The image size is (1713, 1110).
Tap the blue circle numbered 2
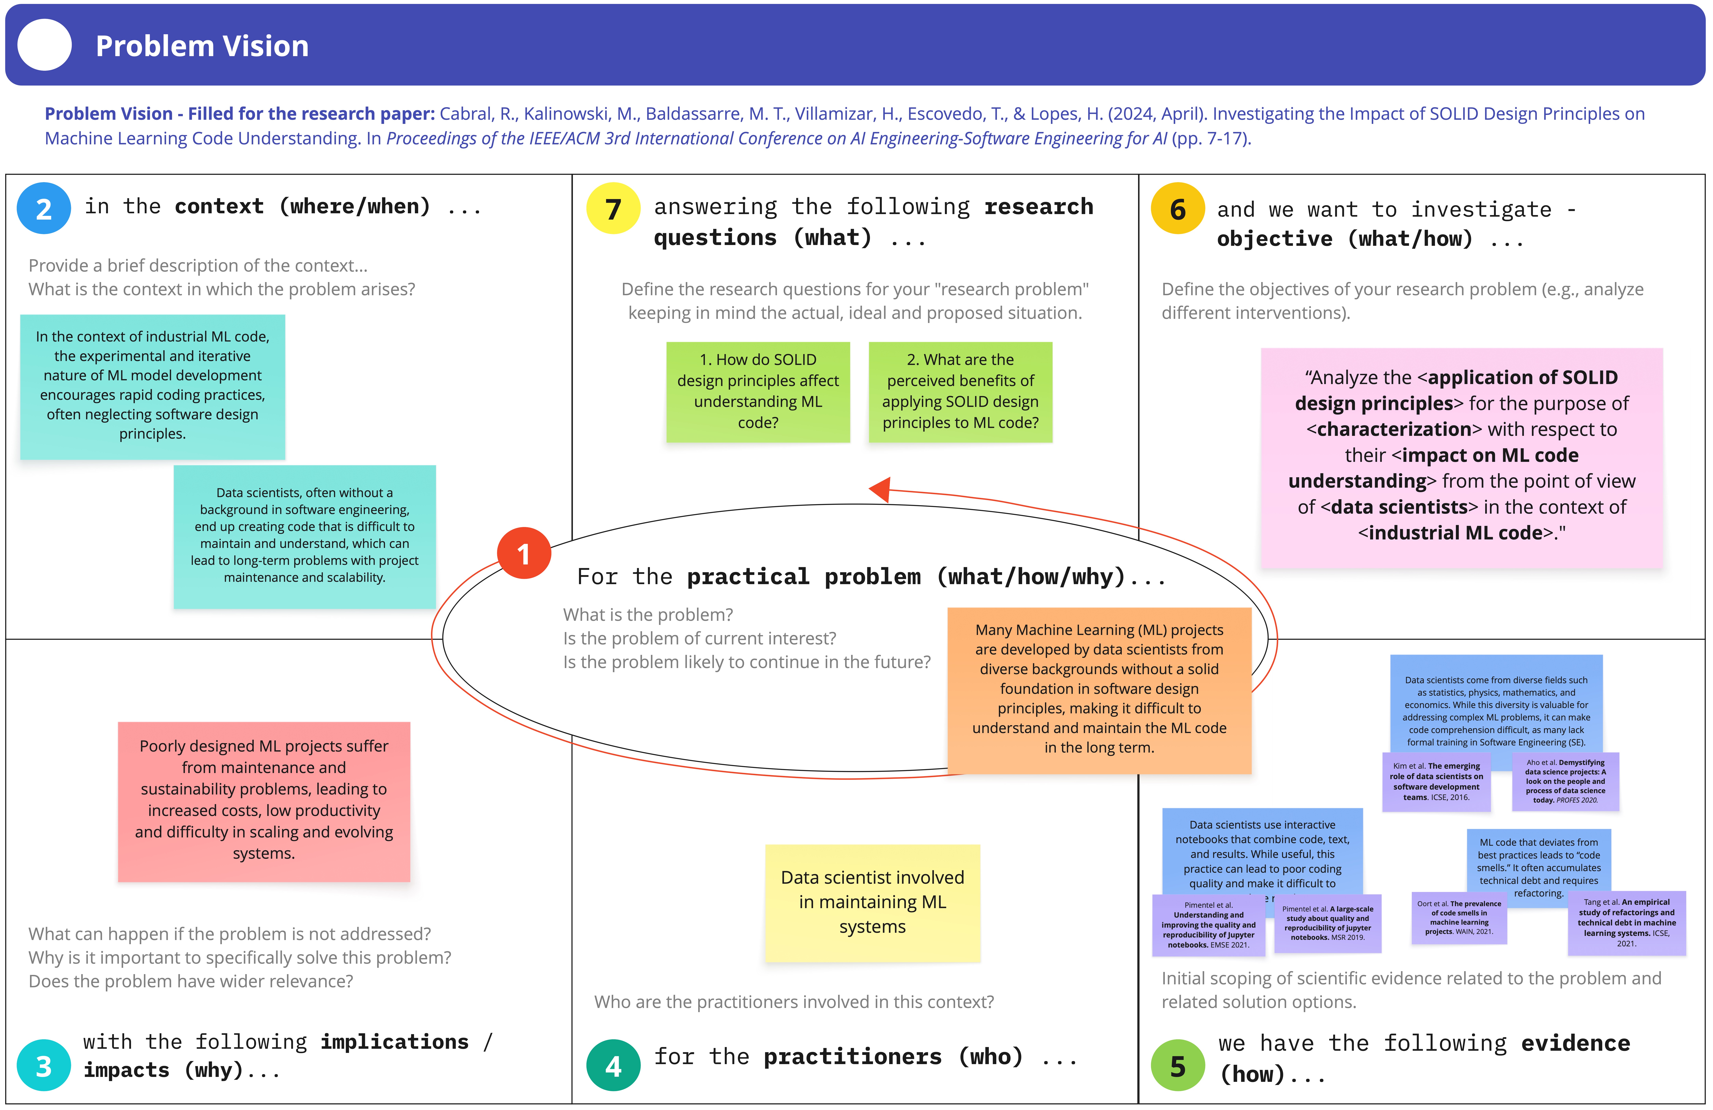click(x=44, y=209)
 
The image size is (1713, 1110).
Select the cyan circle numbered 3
click(x=44, y=1065)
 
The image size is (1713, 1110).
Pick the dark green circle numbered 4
click(x=613, y=1065)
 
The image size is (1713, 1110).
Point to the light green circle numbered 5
click(x=1178, y=1065)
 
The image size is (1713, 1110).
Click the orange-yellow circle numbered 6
click(x=1178, y=209)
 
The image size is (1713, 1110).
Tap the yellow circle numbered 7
click(x=613, y=209)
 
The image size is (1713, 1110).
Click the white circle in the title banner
click(x=45, y=45)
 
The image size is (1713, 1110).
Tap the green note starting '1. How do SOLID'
click(x=758, y=391)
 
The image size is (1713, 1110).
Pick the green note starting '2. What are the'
click(x=960, y=391)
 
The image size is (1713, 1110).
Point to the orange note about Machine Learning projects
click(x=1099, y=689)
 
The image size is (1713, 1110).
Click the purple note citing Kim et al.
click(x=1436, y=781)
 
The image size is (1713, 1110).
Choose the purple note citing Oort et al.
click(x=1459, y=918)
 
